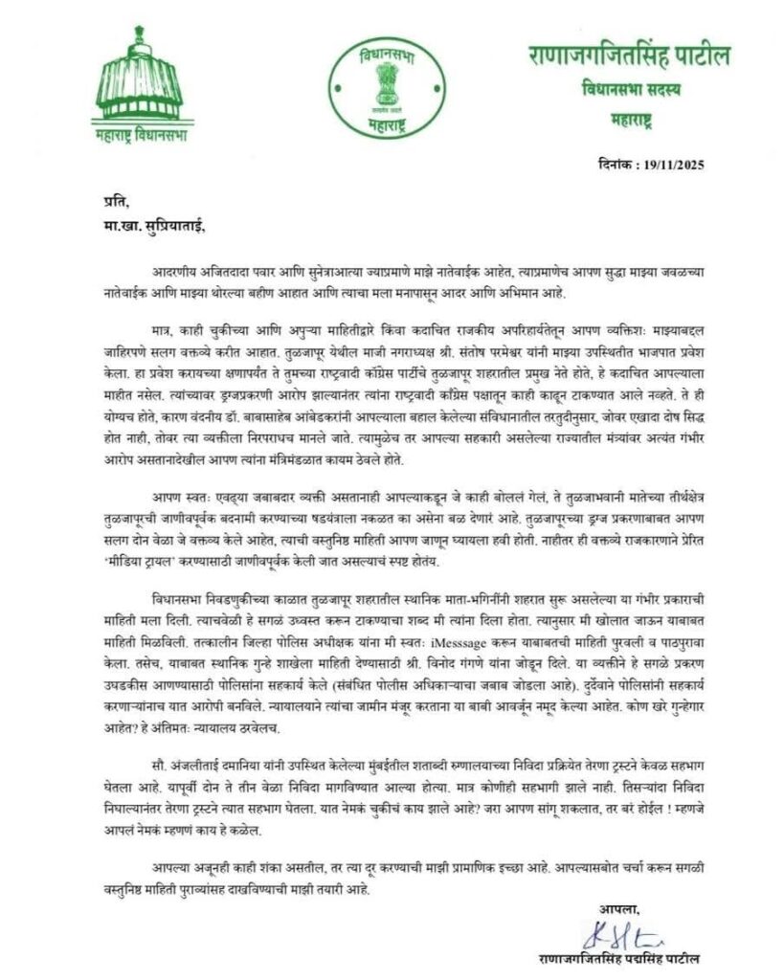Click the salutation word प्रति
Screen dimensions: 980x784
pos(113,200)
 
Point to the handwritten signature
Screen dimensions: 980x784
pos(618,932)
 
